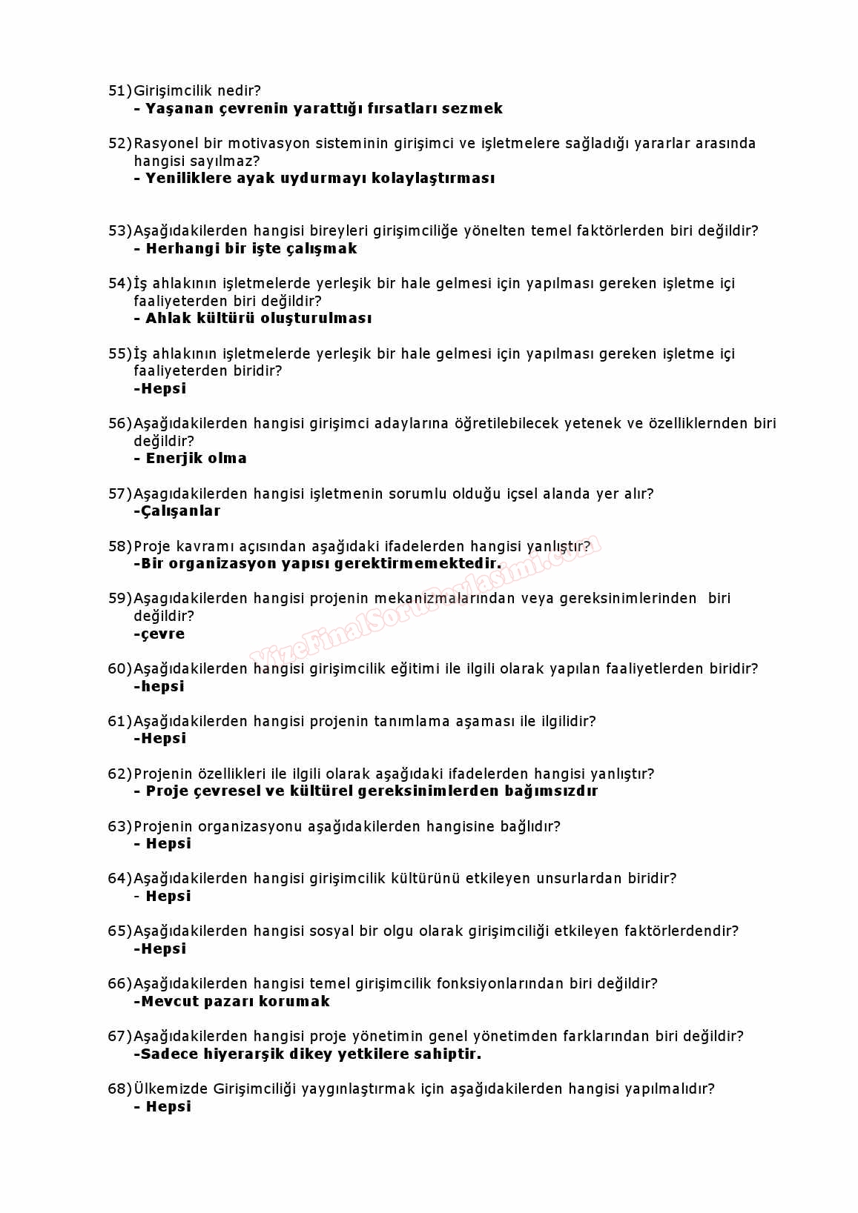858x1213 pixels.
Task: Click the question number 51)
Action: [119, 91]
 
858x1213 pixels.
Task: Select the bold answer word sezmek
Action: [472, 109]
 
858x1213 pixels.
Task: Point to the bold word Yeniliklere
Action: [188, 179]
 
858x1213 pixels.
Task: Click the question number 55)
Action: [119, 354]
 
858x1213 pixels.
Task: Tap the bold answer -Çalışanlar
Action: [177, 511]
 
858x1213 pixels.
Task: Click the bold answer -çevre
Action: [159, 634]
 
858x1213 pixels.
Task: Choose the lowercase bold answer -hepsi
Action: [159, 687]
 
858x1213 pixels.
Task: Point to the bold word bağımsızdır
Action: [551, 791]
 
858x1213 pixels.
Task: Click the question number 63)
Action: [119, 827]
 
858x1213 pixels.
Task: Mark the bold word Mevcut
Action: [171, 1002]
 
